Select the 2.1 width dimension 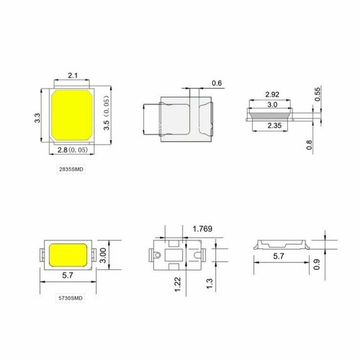[x=73, y=75]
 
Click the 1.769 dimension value [x=203, y=230]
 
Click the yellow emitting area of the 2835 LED [x=73, y=114]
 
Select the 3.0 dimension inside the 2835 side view [x=271, y=105]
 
